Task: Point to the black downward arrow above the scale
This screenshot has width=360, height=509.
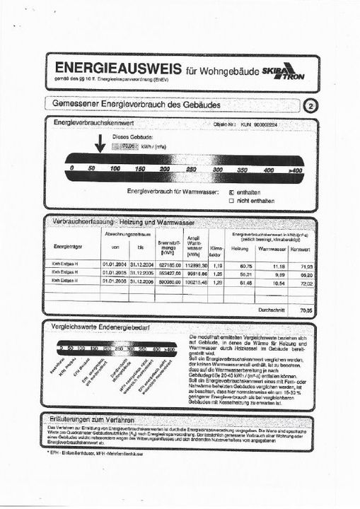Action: pyautogui.click(x=99, y=144)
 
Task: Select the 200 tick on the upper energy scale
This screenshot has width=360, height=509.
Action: pyautogui.click(x=165, y=170)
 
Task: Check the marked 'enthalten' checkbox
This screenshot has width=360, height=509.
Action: pyautogui.click(x=231, y=192)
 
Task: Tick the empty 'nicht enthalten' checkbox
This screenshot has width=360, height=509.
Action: pyautogui.click(x=231, y=200)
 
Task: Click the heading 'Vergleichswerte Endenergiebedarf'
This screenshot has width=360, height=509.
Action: pyautogui.click(x=108, y=327)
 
